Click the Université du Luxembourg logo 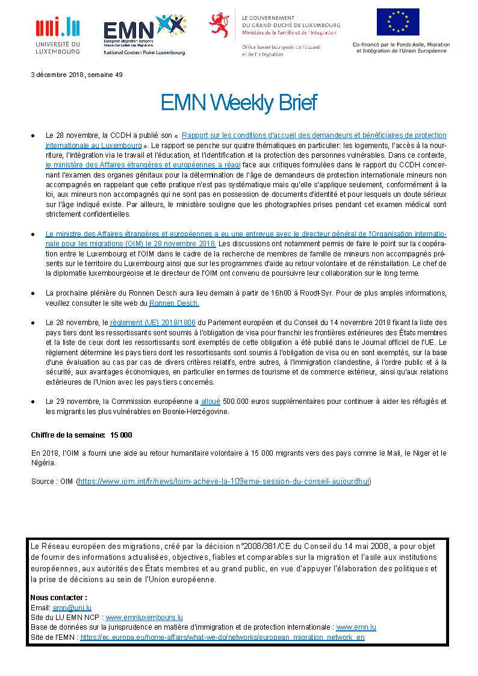(x=57, y=35)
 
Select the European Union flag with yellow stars (x=398, y=23)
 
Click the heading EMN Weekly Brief (x=238, y=102)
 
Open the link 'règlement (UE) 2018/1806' (x=152, y=323)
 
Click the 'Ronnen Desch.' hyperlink (x=173, y=303)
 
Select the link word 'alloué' (x=210, y=402)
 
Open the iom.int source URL (x=224, y=482)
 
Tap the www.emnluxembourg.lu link (x=145, y=617)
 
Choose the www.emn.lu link (x=356, y=627)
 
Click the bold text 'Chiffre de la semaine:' (x=68, y=435)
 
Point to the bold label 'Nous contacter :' (x=58, y=598)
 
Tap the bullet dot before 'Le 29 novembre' (x=33, y=402)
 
